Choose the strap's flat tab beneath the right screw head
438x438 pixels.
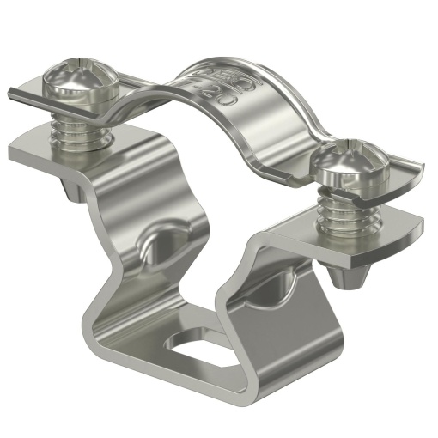(404, 176)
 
